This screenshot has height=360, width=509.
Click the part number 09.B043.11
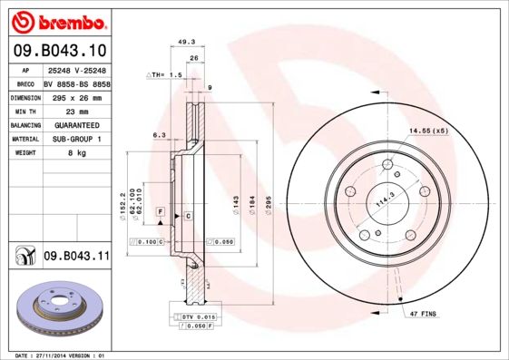point(75,258)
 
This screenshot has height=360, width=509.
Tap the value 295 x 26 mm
point(72,96)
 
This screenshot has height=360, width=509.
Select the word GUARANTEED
point(75,124)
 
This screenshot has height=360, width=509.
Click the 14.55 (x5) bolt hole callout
point(428,131)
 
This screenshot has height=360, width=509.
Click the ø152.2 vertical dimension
point(122,214)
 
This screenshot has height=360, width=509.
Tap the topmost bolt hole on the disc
point(387,165)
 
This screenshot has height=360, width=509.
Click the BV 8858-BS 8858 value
point(75,83)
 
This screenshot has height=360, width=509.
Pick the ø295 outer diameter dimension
point(268,214)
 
